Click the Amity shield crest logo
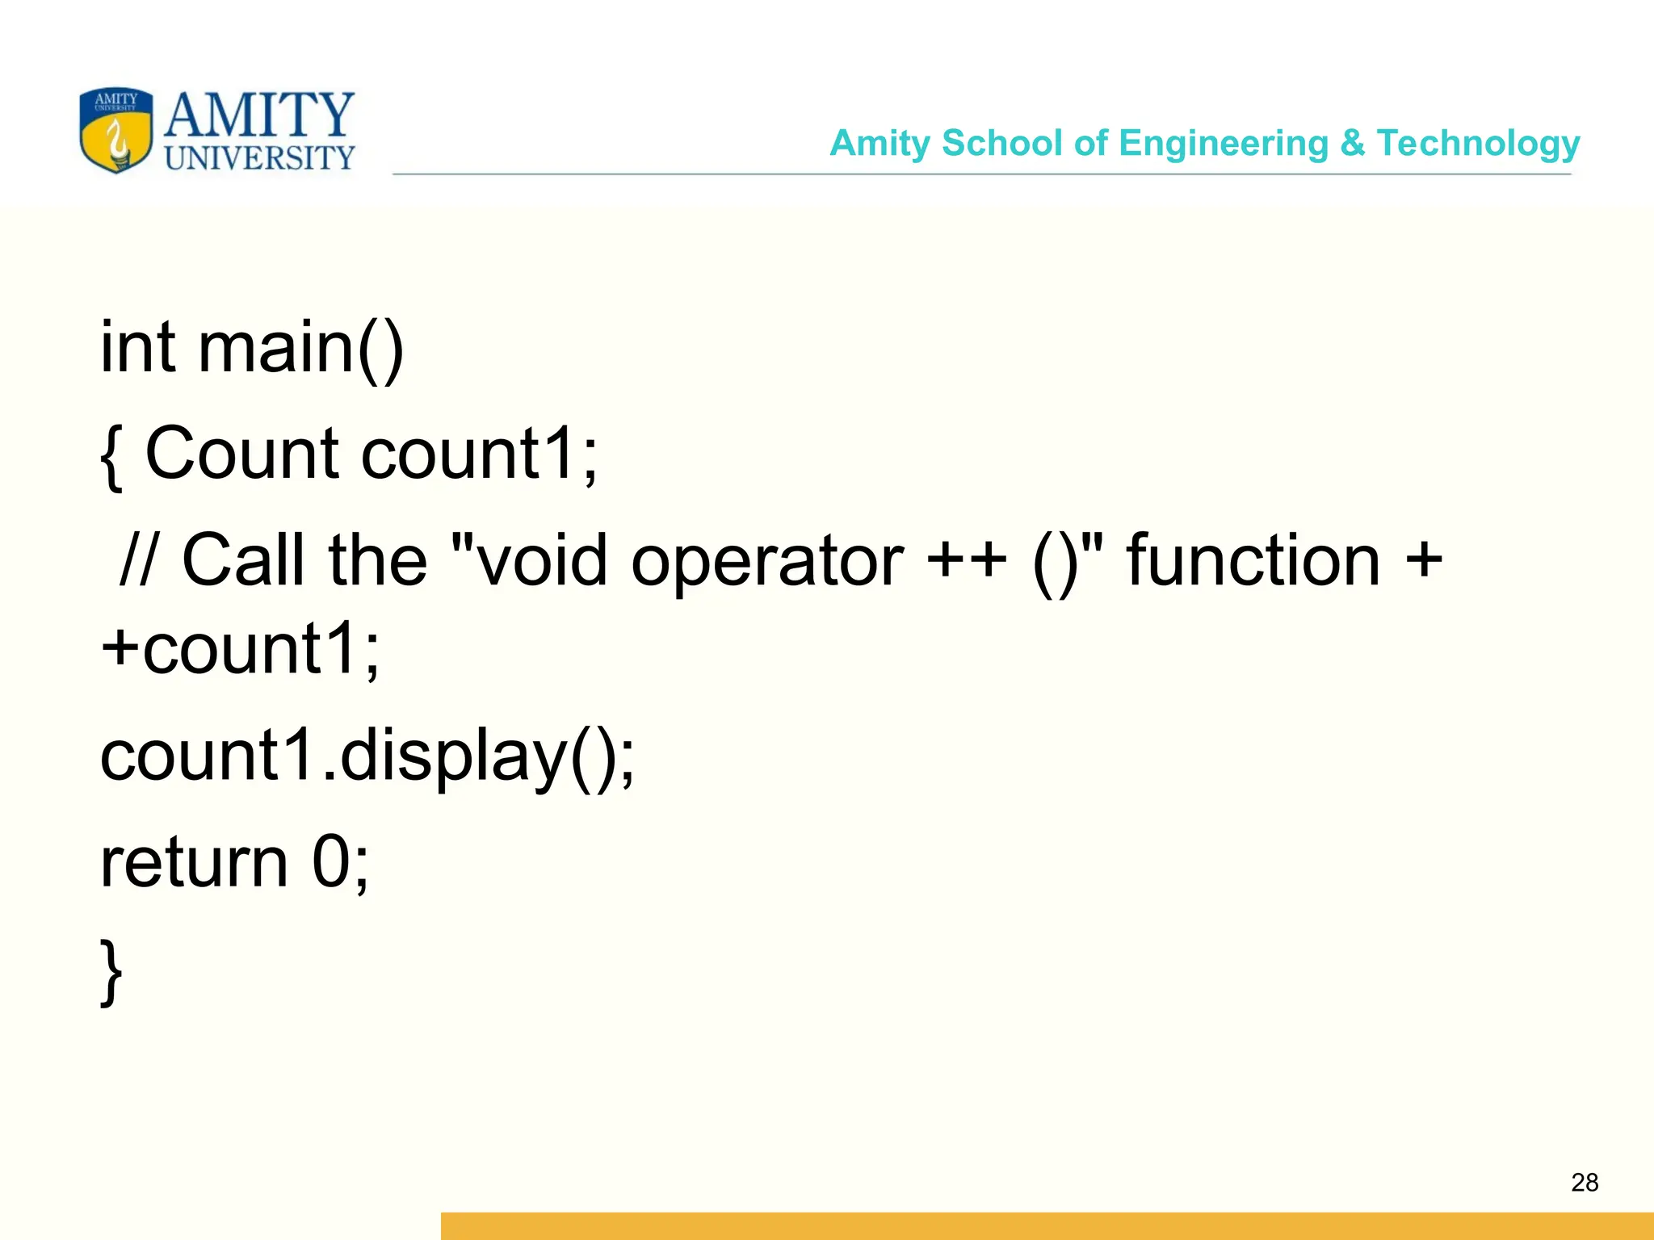(x=116, y=131)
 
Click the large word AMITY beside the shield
(x=259, y=115)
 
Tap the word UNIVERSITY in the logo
(x=259, y=158)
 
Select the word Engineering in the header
(x=1224, y=144)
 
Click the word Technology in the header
(x=1478, y=144)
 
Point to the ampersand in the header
(x=1352, y=143)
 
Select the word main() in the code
(x=300, y=349)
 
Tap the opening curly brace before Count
(x=112, y=455)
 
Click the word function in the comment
(x=1253, y=560)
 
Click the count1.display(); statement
(x=367, y=757)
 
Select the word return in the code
(x=194, y=862)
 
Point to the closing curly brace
(x=111, y=972)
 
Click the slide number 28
(x=1585, y=1183)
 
